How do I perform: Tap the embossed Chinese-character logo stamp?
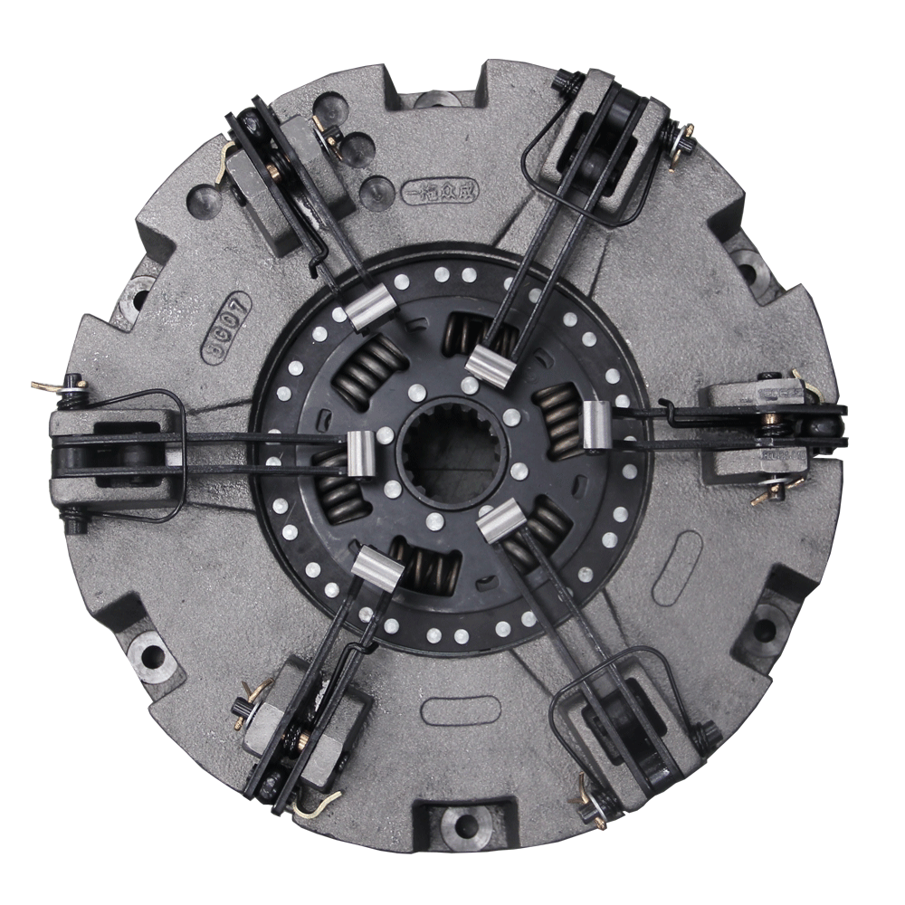[x=441, y=191]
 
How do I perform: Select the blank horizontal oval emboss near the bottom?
[x=461, y=710]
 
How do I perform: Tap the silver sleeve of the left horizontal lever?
[x=361, y=452]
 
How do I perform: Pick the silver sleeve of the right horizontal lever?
[x=598, y=424]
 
